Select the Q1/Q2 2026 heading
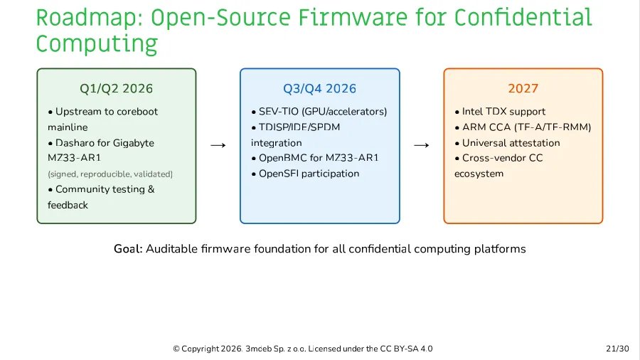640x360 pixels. [116, 89]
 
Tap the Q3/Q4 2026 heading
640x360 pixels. [320, 89]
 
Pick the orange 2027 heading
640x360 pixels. [523, 89]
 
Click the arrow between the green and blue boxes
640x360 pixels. [218, 145]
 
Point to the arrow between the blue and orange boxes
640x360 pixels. [422, 145]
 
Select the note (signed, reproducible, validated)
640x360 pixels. [110, 174]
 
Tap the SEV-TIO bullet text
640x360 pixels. [323, 112]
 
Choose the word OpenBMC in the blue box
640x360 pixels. [282, 158]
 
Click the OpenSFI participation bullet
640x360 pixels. [309, 174]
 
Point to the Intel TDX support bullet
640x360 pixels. [503, 112]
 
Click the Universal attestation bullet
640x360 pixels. [511, 143]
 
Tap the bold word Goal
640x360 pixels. [128, 249]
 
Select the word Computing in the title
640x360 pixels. [97, 44]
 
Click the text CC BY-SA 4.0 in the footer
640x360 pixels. [407, 349]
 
